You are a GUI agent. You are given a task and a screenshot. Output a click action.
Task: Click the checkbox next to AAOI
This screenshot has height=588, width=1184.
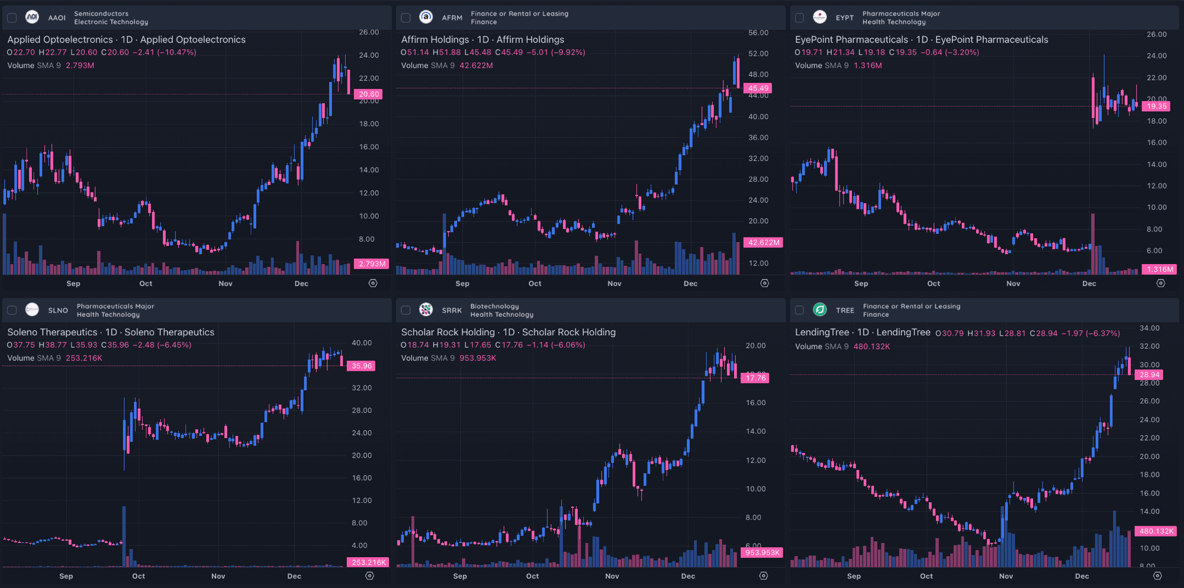(x=12, y=18)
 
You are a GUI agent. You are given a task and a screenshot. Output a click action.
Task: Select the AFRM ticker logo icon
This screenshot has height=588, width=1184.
(x=426, y=17)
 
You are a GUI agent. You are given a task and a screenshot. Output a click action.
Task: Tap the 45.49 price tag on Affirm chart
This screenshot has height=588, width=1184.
(x=758, y=88)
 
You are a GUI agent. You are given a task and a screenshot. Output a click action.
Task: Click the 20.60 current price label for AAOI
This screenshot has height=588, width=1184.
(x=368, y=94)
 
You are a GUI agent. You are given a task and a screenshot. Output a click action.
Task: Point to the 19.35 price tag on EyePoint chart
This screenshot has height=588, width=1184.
(x=1156, y=107)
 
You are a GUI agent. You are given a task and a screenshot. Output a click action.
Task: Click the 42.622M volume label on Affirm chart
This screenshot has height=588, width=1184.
(x=763, y=242)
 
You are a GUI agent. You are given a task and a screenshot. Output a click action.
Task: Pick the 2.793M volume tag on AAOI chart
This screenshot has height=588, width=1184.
(x=371, y=264)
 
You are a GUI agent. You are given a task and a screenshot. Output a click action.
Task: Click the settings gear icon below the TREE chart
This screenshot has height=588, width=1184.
(x=1157, y=576)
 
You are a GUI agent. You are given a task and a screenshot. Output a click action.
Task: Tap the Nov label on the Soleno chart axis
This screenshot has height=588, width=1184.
(x=218, y=576)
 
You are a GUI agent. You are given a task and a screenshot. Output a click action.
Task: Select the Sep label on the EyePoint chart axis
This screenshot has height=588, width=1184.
(x=861, y=284)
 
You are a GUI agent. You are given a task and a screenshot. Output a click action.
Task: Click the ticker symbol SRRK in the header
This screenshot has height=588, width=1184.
(x=452, y=310)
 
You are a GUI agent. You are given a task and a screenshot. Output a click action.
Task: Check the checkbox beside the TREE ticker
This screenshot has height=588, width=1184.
(x=799, y=310)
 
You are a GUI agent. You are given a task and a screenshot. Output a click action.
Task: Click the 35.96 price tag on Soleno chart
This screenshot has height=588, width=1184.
(x=361, y=366)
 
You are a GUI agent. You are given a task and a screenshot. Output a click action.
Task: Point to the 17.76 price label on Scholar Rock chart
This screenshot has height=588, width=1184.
(x=755, y=378)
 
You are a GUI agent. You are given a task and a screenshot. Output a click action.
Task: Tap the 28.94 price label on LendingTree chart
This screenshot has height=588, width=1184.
(x=1149, y=375)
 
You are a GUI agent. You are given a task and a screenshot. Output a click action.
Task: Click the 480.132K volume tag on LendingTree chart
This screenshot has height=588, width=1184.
(x=1156, y=531)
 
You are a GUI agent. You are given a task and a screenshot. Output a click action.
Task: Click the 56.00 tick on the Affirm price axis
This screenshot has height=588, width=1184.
(x=758, y=33)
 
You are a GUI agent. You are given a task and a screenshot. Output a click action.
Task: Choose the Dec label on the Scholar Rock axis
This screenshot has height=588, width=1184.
(x=688, y=576)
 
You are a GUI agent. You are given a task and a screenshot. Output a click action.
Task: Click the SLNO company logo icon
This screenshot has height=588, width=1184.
(x=32, y=310)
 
